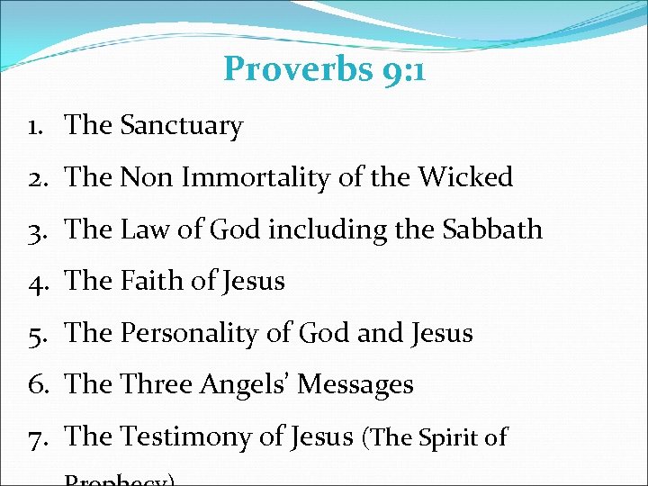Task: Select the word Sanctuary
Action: pyautogui.click(x=181, y=127)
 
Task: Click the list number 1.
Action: pyautogui.click(x=36, y=127)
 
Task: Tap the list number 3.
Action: pyautogui.click(x=37, y=230)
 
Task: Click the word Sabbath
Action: pyautogui.click(x=492, y=230)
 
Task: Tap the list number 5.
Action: pyautogui.click(x=37, y=334)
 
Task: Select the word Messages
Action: pyautogui.click(x=355, y=385)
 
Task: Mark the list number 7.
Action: pyautogui.click(x=37, y=437)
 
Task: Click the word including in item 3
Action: pyautogui.click(x=322, y=230)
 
